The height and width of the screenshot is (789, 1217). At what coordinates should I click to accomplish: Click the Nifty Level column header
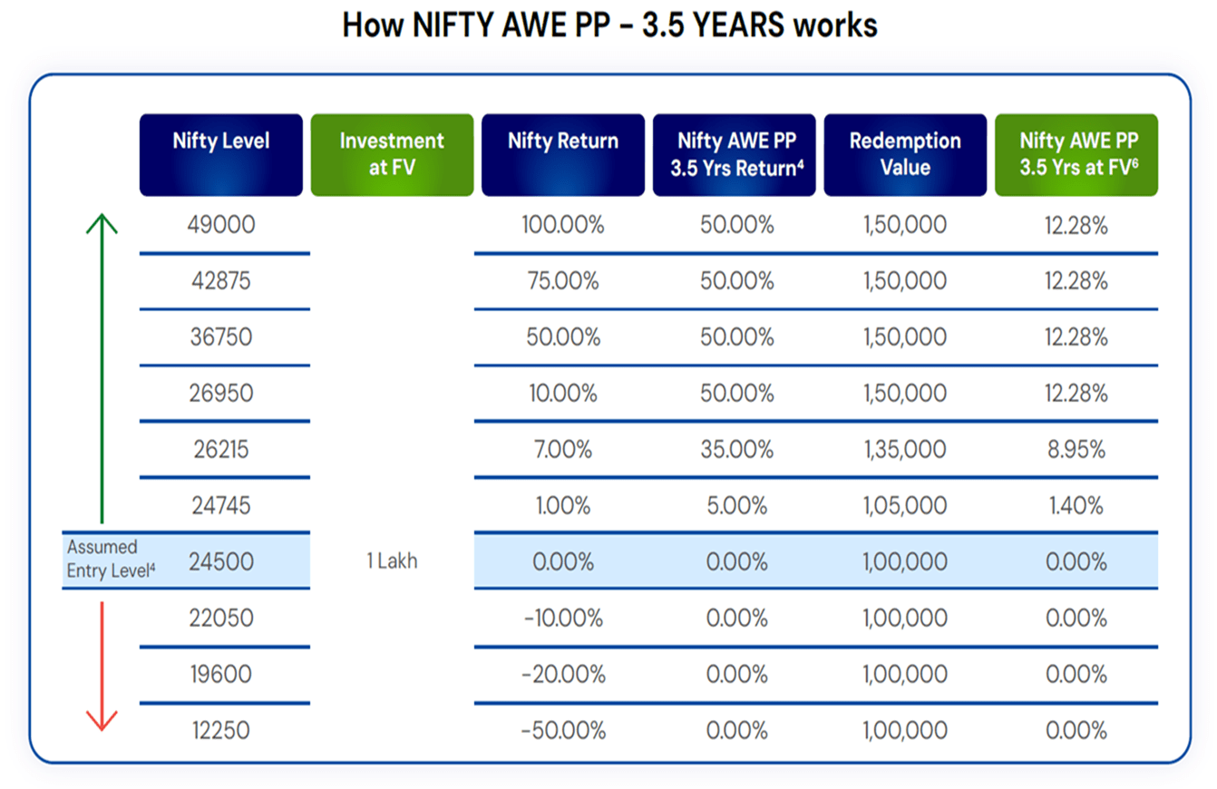pyautogui.click(x=221, y=155)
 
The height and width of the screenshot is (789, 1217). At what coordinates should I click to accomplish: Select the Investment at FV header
pyautogui.click(x=393, y=155)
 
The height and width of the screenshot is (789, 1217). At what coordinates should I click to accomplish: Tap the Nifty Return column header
pyautogui.click(x=563, y=155)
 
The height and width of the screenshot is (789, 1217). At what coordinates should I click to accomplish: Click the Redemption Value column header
pyautogui.click(x=905, y=155)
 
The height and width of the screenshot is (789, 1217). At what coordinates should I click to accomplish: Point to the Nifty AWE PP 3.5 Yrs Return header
pyautogui.click(x=735, y=155)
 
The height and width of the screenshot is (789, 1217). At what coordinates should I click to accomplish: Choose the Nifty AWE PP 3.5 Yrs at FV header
pyautogui.click(x=1076, y=155)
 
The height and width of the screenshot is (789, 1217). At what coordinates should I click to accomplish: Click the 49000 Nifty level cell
pyautogui.click(x=221, y=225)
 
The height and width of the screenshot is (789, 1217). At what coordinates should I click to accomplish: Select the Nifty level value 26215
pyautogui.click(x=221, y=450)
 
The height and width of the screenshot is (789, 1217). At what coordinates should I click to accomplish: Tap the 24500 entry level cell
pyautogui.click(x=221, y=562)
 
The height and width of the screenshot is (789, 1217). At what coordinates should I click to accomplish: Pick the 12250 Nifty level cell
pyautogui.click(x=221, y=730)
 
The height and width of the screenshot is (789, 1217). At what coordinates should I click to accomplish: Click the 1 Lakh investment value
pyautogui.click(x=393, y=560)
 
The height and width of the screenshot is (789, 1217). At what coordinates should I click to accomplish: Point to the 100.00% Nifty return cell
pyautogui.click(x=563, y=225)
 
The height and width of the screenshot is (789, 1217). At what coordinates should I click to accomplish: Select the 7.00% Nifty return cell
pyautogui.click(x=563, y=450)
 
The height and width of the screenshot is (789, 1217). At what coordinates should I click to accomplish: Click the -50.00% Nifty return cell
pyautogui.click(x=563, y=730)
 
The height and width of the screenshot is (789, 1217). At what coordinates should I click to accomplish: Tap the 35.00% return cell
pyautogui.click(x=736, y=450)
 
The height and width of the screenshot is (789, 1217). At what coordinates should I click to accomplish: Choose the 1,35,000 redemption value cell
pyautogui.click(x=905, y=450)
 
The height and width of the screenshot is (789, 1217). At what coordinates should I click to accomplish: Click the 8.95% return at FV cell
pyautogui.click(x=1076, y=450)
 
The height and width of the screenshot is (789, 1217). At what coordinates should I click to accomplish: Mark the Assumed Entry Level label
pyautogui.click(x=111, y=559)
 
